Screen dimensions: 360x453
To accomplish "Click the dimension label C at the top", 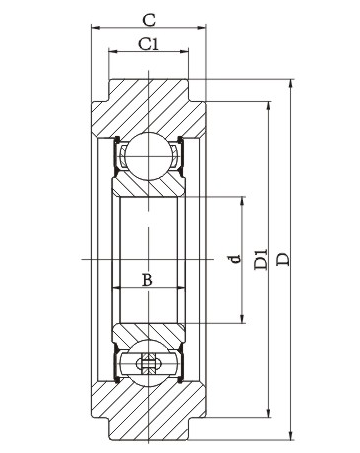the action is (149, 20).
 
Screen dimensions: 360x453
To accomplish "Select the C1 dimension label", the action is (148, 44).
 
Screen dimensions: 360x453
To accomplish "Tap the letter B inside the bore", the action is (147, 280).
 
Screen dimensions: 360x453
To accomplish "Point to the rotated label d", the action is (235, 258).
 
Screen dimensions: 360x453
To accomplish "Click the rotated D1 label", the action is (261, 259).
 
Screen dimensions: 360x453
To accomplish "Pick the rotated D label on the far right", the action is (283, 259).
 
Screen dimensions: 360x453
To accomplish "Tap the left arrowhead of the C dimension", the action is (96, 28).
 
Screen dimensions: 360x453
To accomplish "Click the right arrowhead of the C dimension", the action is (202, 28).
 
